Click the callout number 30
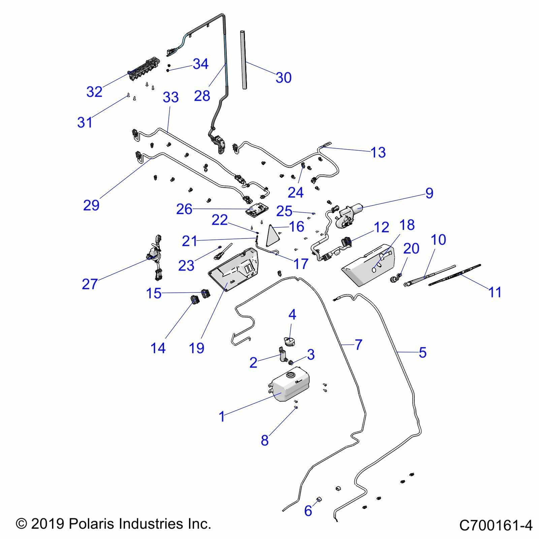[283, 78]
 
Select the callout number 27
[90, 284]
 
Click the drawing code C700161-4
[496, 525]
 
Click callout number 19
[197, 348]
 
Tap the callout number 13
[378, 152]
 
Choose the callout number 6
[308, 510]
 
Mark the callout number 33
[170, 98]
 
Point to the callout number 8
[264, 440]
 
